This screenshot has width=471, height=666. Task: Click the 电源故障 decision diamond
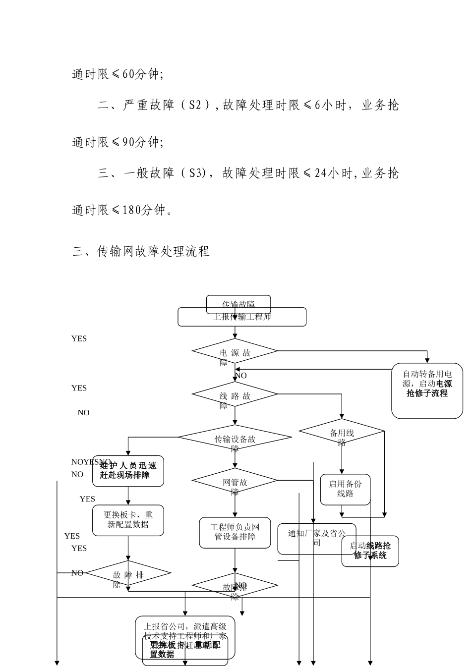pyautogui.click(x=235, y=351)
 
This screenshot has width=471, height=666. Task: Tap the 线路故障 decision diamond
pyautogui.click(x=235, y=394)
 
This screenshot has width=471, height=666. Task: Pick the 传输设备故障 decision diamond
pyautogui.click(x=235, y=438)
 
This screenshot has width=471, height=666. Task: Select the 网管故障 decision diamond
pyautogui.click(x=235, y=481)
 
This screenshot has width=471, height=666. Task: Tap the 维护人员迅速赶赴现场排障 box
pyautogui.click(x=128, y=470)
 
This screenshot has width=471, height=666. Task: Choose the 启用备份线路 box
pyautogui.click(x=345, y=489)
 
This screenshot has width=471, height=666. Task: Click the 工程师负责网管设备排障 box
pyautogui.click(x=235, y=533)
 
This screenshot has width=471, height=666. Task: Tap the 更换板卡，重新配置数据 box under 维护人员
pyautogui.click(x=128, y=520)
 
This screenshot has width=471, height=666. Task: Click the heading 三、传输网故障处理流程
pyautogui.click(x=141, y=252)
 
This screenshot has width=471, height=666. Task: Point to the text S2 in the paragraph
pyautogui.click(x=195, y=106)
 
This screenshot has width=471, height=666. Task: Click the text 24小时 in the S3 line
pyautogui.click(x=334, y=173)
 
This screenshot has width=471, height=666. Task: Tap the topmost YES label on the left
pyautogui.click(x=79, y=338)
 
